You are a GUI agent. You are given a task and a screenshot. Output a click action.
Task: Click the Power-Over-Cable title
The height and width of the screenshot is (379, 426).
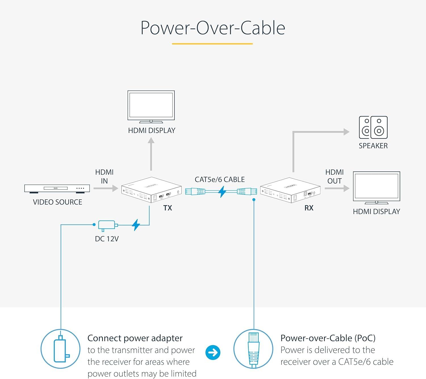pos(213,28)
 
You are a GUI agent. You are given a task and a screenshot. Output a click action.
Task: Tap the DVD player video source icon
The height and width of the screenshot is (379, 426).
pos(57,189)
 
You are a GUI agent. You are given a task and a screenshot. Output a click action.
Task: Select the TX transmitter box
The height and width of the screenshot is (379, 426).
pos(151,190)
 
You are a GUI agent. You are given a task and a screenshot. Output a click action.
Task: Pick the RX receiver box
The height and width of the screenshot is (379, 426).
pos(290,190)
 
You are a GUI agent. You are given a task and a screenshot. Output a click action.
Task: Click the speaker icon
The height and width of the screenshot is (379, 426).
pos(373,127)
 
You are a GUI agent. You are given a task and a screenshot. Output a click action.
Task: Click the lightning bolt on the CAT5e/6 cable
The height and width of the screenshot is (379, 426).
pos(222,192)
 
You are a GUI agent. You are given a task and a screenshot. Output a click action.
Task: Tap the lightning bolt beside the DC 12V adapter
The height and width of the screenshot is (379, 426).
pos(136,225)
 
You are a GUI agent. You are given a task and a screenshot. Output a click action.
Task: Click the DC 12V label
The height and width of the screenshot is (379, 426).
pos(106,239)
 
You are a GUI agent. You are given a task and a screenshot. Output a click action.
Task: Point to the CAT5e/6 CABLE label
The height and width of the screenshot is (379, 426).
pos(220,179)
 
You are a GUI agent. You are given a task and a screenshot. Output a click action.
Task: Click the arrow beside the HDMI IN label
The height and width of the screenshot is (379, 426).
pos(106,188)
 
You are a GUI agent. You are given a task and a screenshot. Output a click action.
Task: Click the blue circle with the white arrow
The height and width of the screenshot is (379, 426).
pos(213,352)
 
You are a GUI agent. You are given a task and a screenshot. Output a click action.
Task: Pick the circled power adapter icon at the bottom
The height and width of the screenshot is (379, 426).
pos(60,349)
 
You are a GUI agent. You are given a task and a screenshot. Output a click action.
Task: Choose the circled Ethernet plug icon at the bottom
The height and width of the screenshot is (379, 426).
pos(253,349)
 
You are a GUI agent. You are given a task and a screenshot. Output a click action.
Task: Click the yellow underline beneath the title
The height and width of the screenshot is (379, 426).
pos(212,44)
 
